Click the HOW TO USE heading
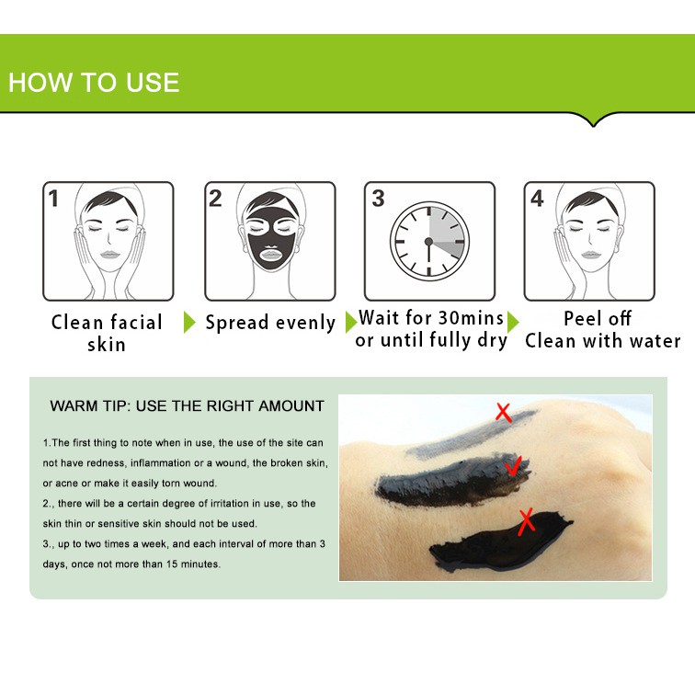[94, 83]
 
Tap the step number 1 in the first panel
[53, 199]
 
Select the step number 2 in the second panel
[215, 199]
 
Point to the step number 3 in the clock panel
[378, 199]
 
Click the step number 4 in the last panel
[537, 199]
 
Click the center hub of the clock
[428, 242]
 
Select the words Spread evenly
[270, 323]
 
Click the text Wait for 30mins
[431, 318]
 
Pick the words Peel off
[597, 318]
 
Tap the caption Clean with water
[603, 341]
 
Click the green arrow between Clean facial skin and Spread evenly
[189, 322]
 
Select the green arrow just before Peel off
[513, 322]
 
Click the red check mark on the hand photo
[513, 466]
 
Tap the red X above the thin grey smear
[504, 412]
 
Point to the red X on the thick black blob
[526, 521]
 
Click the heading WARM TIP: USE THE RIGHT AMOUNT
[187, 406]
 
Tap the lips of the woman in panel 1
[109, 255]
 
